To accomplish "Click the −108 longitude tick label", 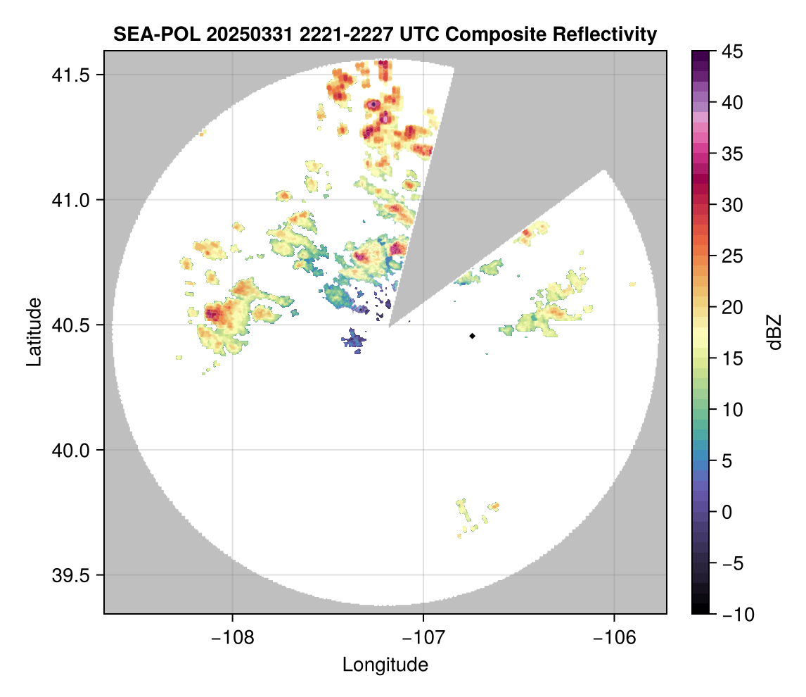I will [x=231, y=637].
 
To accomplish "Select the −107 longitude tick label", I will [x=423, y=637].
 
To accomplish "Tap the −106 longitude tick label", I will [x=615, y=637].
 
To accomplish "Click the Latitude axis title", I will [x=33, y=332].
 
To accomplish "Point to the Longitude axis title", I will [x=385, y=665].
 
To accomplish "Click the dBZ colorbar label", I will [x=774, y=332].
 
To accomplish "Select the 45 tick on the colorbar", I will [x=731, y=51].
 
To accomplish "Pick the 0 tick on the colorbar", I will [x=727, y=512].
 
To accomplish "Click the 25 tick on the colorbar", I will [x=731, y=256].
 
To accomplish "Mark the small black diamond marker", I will [x=472, y=336].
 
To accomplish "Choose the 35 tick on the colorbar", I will [x=731, y=153].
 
